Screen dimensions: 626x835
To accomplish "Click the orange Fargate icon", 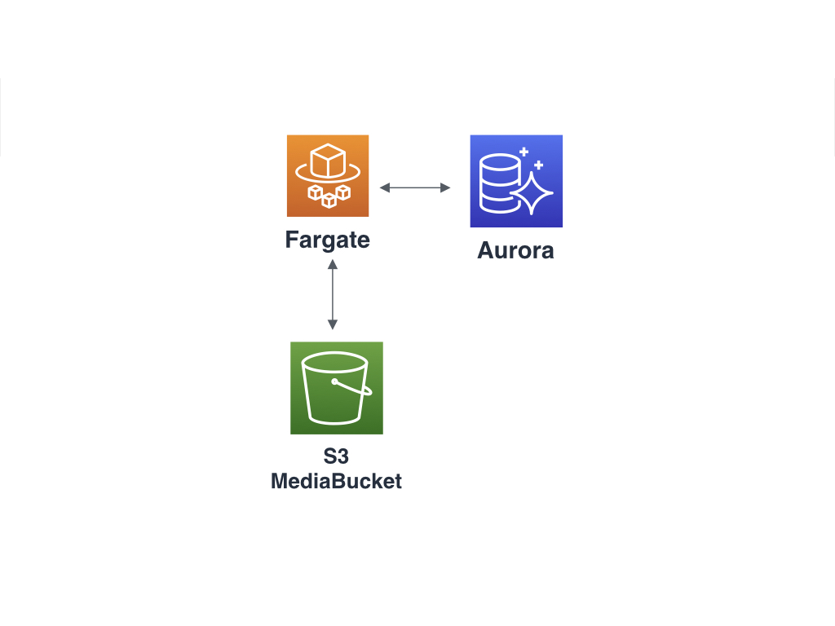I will tap(328, 176).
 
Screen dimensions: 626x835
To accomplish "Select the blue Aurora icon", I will tap(516, 181).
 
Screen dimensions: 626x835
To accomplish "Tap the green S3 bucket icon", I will tap(337, 388).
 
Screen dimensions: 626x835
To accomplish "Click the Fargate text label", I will tap(328, 240).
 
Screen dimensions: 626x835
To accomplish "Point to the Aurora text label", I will tap(515, 250).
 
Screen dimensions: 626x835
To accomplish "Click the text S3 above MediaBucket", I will tap(336, 457).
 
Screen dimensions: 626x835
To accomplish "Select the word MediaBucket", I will tap(336, 481).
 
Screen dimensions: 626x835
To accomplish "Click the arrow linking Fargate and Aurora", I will tap(415, 187).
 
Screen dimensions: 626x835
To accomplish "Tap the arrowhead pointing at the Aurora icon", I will tap(446, 187).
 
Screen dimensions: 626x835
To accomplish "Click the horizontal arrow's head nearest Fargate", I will tap(384, 187).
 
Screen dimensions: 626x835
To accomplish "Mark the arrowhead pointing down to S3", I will tap(333, 324).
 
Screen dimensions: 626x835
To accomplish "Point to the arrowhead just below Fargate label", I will tap(333, 263).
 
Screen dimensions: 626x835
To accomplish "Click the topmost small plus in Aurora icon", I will tap(524, 152).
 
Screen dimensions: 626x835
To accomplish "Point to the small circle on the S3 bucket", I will tap(334, 381).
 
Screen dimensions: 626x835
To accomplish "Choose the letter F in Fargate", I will tap(291, 240).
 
